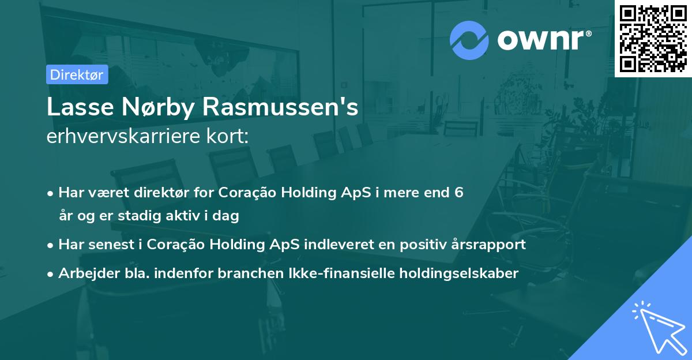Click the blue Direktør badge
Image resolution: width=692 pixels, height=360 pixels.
pos(77,75)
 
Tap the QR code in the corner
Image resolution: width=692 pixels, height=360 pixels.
pos(653,38)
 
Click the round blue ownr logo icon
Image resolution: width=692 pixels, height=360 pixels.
pos(469,40)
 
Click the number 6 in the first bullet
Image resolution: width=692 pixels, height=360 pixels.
pos(458,193)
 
